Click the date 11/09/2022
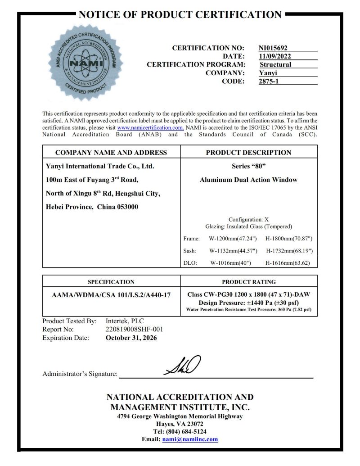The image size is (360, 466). [274, 56]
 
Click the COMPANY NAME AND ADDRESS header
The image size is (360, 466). [111, 152]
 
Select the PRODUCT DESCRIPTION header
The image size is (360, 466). [248, 152]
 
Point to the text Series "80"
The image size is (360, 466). [248, 166]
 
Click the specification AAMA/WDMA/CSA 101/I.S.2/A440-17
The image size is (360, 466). [111, 294]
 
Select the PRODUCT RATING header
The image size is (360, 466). [248, 282]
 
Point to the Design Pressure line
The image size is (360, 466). [248, 302]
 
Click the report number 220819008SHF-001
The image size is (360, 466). [134, 329]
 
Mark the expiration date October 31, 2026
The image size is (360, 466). [131, 338]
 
